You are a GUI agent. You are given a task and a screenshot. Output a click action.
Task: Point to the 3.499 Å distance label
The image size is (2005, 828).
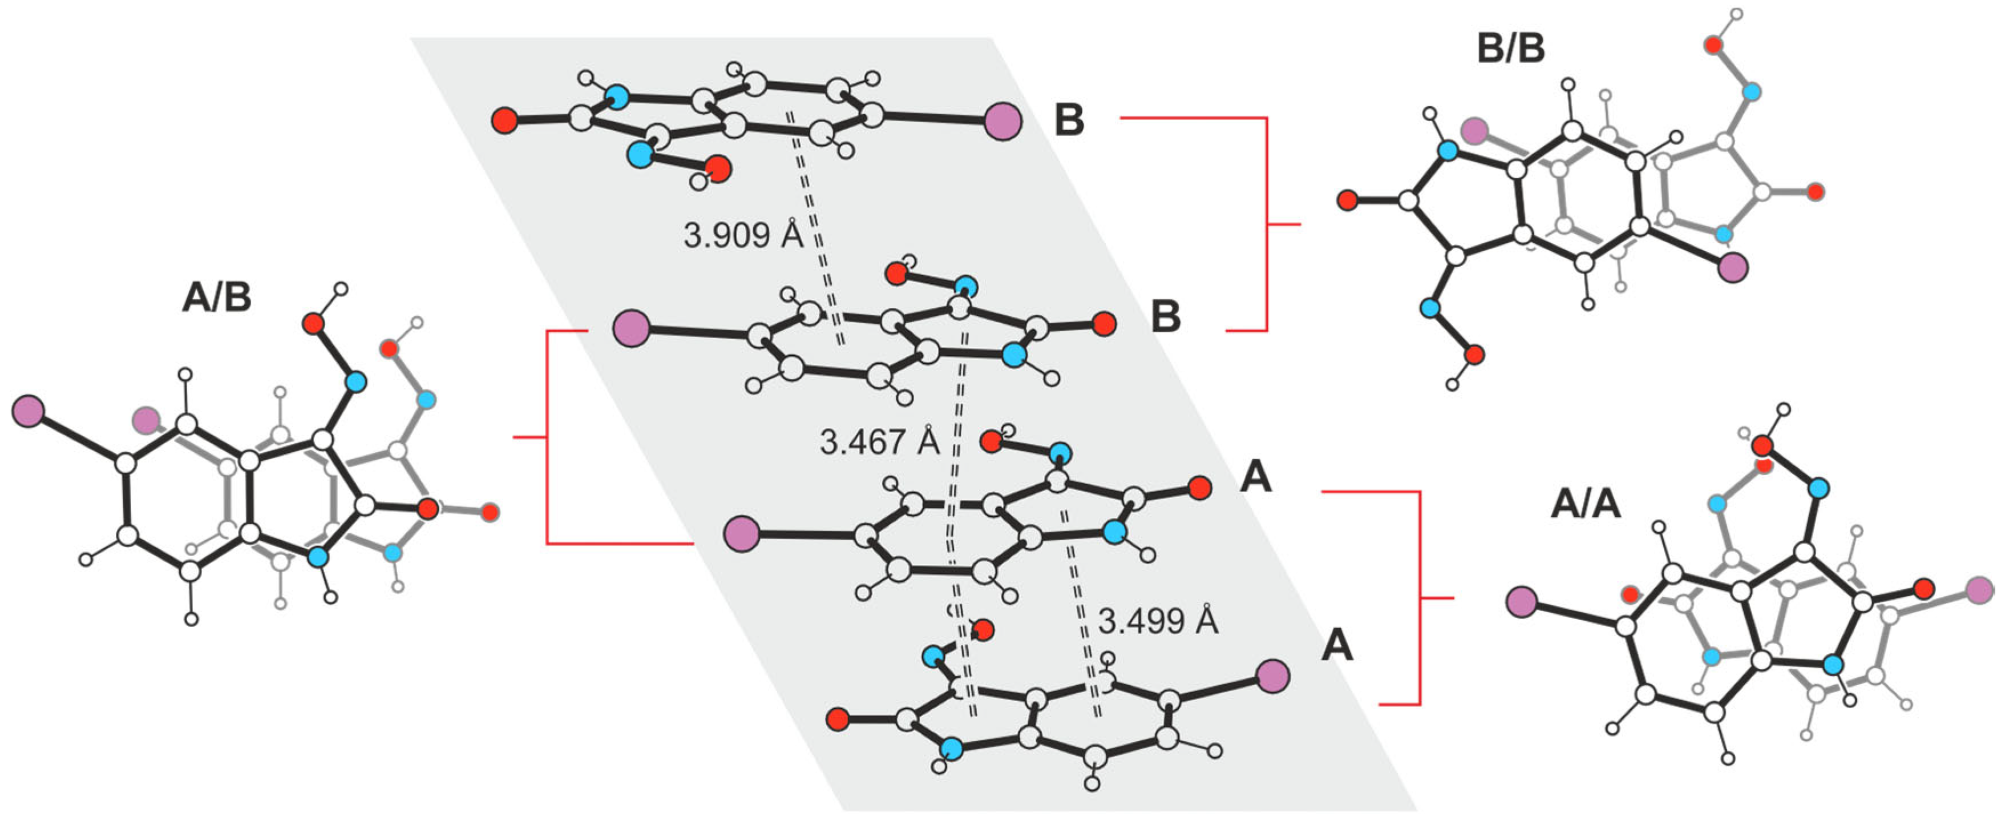pos(1157,621)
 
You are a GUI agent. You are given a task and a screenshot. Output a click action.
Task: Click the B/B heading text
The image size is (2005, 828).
pos(1511,49)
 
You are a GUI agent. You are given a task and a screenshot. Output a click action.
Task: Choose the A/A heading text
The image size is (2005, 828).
pos(1586,504)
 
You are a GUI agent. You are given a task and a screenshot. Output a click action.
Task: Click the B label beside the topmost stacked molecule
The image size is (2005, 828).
pos(1069,120)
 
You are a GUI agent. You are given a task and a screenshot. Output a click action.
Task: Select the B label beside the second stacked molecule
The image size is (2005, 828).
pos(1165,316)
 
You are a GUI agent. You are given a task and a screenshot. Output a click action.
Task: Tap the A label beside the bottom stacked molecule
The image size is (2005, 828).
pos(1336,646)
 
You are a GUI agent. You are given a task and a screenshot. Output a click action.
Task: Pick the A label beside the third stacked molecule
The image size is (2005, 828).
pos(1255,476)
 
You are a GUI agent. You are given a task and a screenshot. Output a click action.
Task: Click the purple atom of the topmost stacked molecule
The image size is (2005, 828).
pos(1002,122)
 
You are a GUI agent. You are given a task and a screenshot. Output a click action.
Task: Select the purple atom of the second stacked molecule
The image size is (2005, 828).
pos(631,327)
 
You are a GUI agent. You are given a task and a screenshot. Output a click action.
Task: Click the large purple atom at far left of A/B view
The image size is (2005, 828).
pos(28,411)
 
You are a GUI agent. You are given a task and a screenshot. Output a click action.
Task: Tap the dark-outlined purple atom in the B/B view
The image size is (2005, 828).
pos(1733,267)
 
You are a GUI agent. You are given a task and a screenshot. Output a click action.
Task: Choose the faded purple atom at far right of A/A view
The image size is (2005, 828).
pos(1979,590)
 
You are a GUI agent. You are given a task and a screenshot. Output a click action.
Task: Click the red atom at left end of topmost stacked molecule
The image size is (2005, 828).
pos(504,120)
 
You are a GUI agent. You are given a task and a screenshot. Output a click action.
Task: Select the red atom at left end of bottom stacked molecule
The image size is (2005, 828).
pos(838,719)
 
